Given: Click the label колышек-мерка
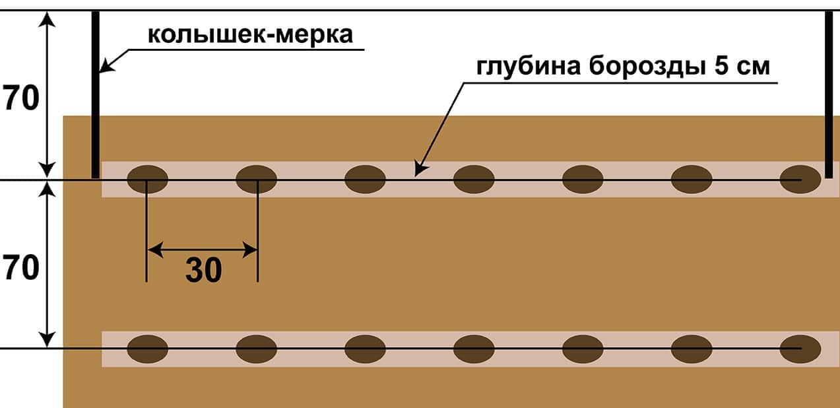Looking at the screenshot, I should pos(250,34).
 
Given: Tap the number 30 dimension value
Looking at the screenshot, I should pos(203,271).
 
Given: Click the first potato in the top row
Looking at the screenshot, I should pos(147,179).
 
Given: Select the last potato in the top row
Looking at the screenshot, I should pos(800,179).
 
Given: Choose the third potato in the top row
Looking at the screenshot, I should pos(365,179).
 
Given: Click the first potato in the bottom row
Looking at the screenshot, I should pos(147,349).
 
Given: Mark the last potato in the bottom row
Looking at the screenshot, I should pos(800,349).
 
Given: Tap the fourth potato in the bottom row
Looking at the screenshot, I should pos(474,349).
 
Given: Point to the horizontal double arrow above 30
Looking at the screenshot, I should pos(202,250).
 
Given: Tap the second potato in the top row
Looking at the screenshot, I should pos(256,179).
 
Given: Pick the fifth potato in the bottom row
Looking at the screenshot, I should pos(583,349).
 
